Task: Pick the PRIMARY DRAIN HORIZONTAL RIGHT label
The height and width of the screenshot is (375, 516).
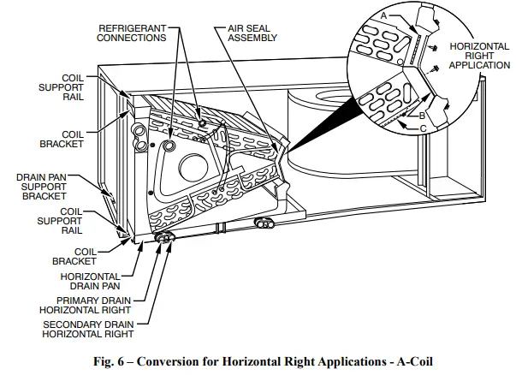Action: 92,306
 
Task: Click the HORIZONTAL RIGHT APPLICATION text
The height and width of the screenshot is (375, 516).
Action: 477,55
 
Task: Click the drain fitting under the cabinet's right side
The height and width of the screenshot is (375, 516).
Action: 264,223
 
